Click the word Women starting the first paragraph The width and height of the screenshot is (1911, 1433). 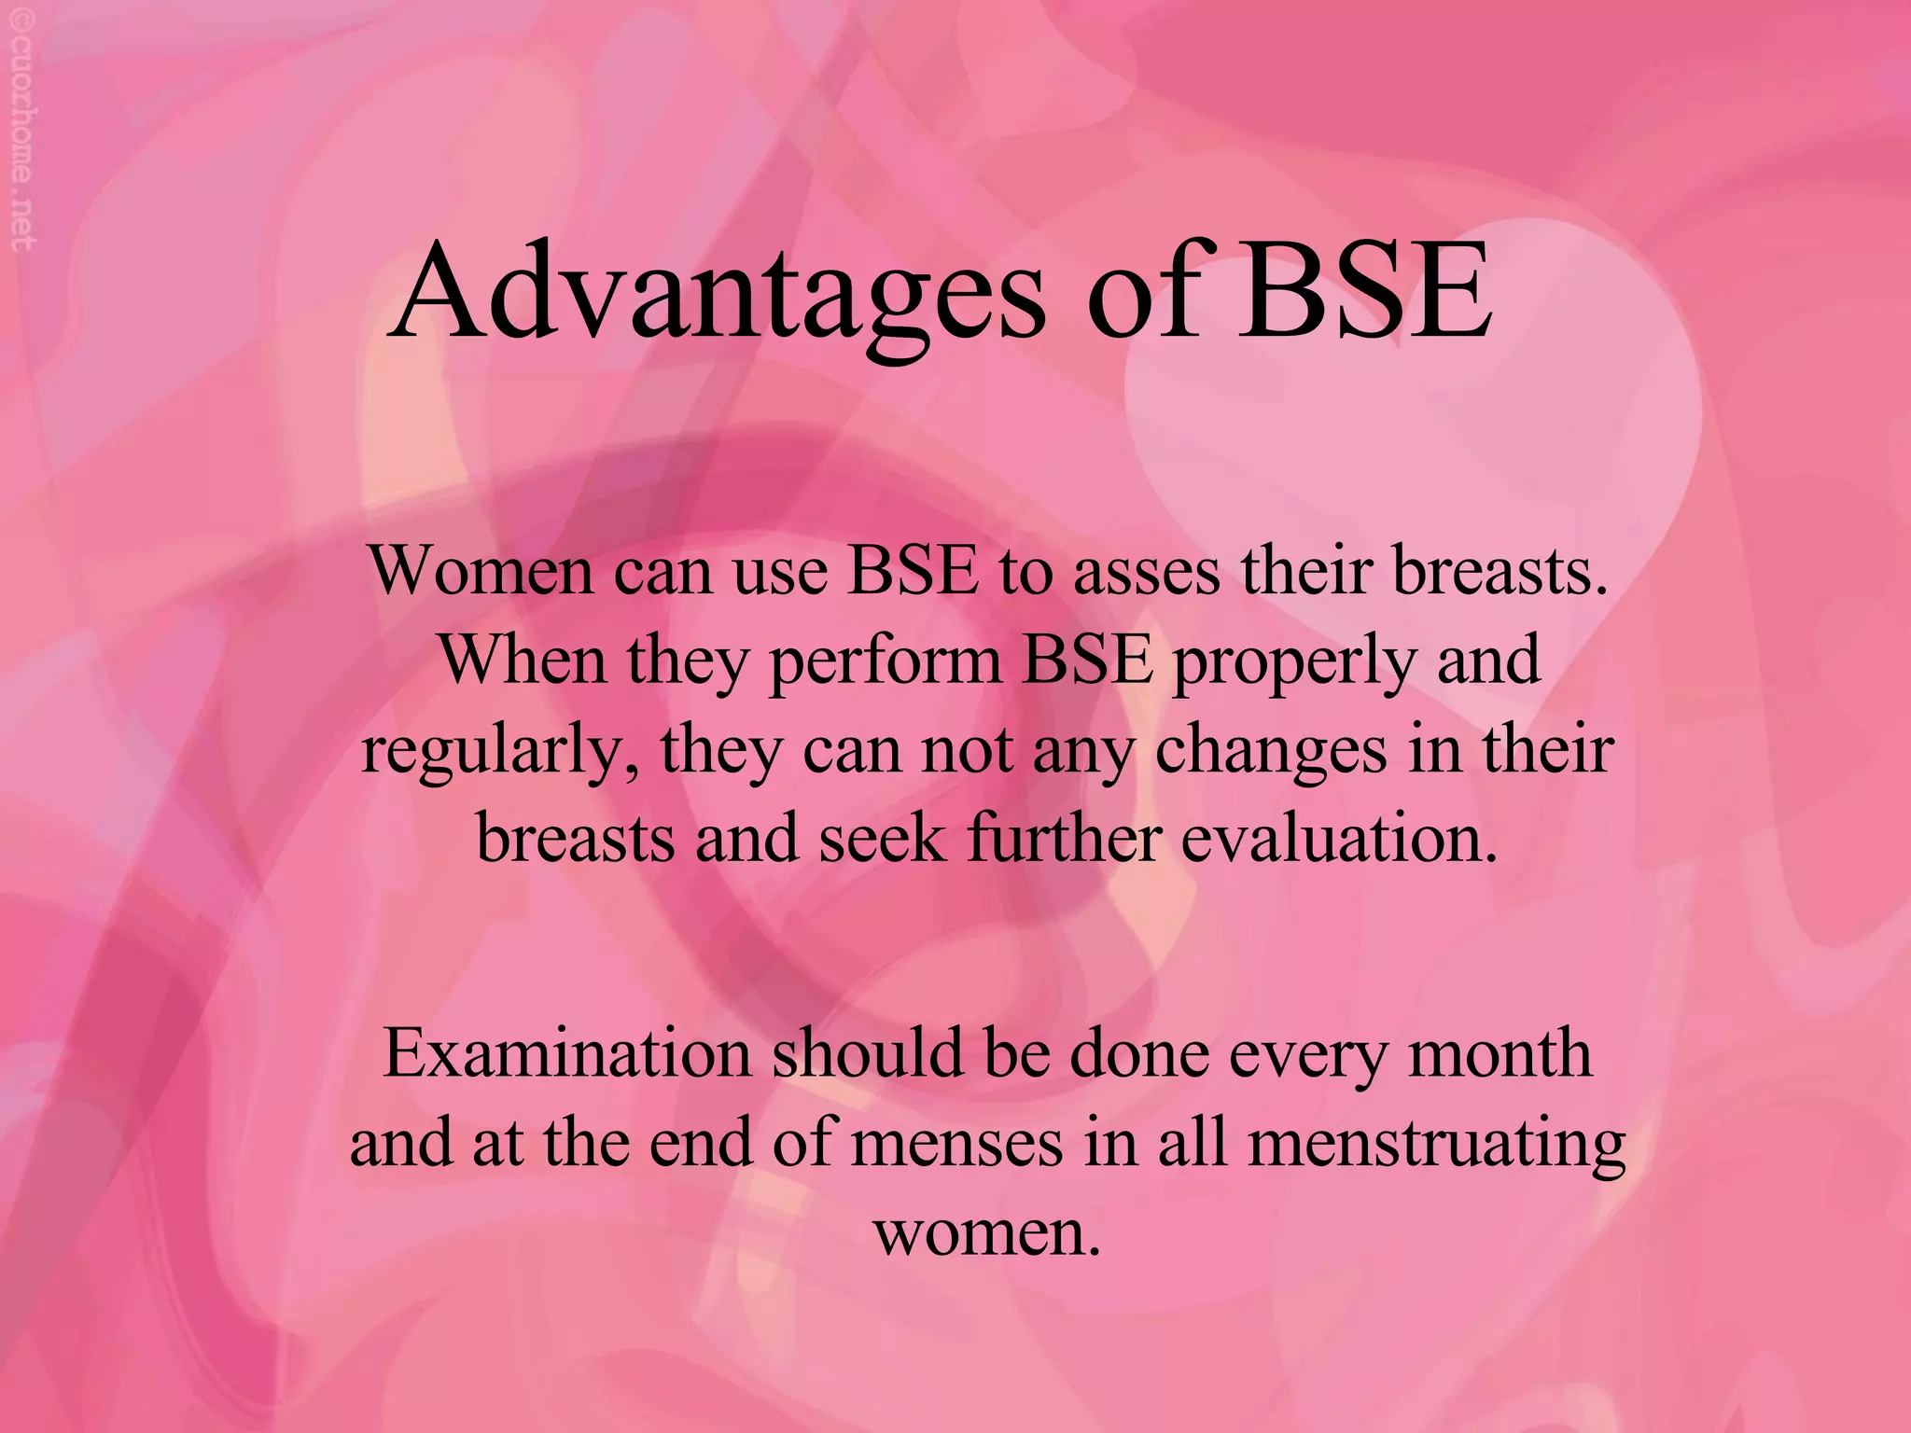[481, 570]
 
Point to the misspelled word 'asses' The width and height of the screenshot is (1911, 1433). [1146, 572]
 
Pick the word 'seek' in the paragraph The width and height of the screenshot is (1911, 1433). [882, 838]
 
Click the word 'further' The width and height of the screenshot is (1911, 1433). [1065, 838]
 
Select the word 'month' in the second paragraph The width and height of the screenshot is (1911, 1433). [1499, 1054]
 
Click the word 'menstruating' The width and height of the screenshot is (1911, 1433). [1436, 1146]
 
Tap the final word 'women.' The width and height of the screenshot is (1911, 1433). [987, 1233]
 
